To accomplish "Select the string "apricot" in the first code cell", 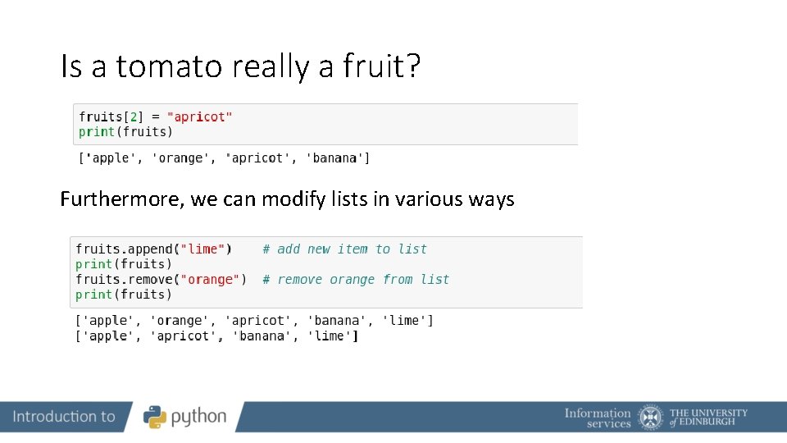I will coord(200,116).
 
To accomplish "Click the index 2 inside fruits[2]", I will coord(134,116).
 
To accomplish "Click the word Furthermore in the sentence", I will coord(122,199).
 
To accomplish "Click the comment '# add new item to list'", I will coord(344,249).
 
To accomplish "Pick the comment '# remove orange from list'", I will coord(355,279).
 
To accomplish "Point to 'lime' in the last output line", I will coord(333,336).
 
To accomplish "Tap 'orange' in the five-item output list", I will coord(180,320).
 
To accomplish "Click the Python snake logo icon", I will coord(155,417).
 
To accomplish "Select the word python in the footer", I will coord(198,417).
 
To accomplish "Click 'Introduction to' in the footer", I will coord(64,417).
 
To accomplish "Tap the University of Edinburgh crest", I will coord(651,417).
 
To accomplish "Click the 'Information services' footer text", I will coord(598,418).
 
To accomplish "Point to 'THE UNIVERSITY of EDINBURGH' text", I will coord(708,418).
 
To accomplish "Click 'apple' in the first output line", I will coord(108,158).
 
